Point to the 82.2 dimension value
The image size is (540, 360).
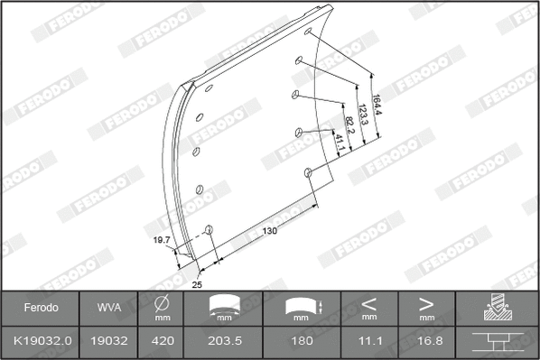pos(349,120)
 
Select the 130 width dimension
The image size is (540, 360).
pos(269,232)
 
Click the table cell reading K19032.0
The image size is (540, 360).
pos(40,342)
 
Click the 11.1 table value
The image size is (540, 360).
pos(368,342)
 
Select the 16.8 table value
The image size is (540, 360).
pos(426,342)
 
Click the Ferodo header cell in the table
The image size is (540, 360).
pos(40,307)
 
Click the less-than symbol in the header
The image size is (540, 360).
pos(368,302)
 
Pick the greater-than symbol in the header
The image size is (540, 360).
pos(426,302)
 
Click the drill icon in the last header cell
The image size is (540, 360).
pos(498,308)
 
